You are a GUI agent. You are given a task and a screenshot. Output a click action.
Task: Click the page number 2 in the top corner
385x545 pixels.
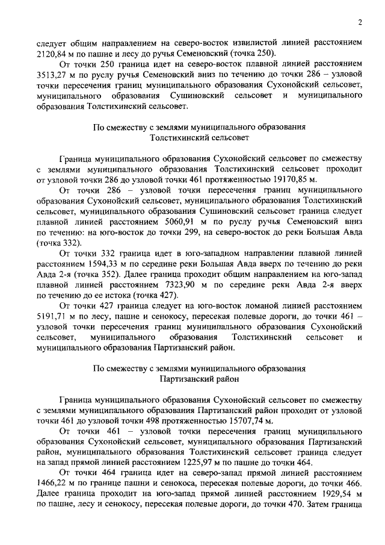coord(360,23)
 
